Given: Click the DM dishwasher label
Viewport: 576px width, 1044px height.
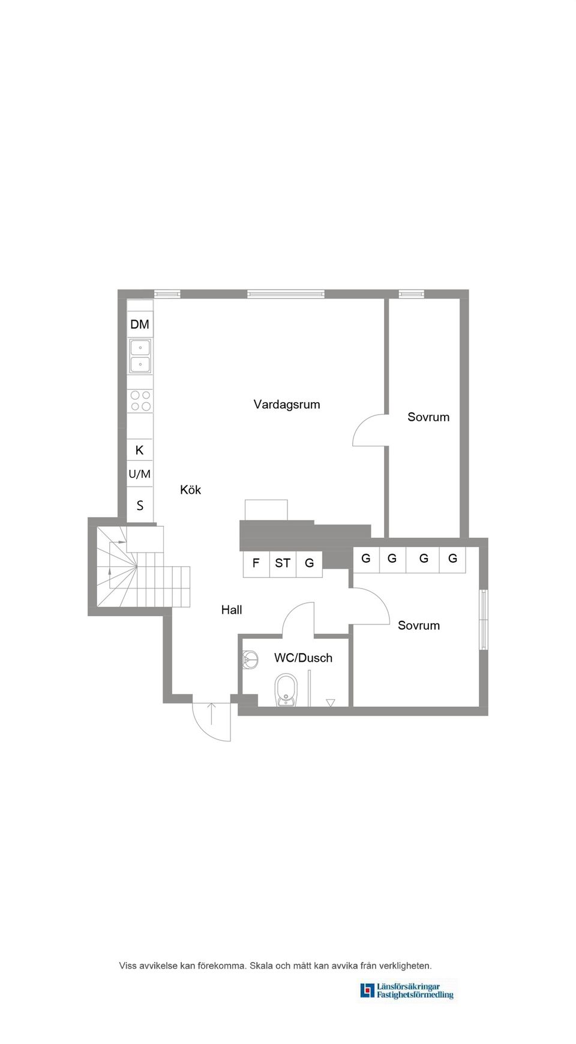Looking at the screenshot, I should [140, 324].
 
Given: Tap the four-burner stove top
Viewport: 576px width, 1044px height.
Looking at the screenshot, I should [140, 401].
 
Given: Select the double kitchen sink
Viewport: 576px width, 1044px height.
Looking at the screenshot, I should [140, 355].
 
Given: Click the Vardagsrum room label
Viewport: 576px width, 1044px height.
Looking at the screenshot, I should [287, 405].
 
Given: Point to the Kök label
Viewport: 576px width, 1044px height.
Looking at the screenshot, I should [190, 490].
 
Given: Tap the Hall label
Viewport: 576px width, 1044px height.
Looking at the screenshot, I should [232, 609].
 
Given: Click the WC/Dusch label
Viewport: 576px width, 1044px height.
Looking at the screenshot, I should [303, 657].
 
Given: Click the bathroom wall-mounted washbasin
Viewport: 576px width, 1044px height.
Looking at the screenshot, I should [250, 660].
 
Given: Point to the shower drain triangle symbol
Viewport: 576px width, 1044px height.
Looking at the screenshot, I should [331, 702].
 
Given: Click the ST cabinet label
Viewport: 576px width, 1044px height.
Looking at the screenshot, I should [283, 563].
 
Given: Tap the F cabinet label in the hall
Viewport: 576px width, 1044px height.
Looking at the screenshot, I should [256, 563].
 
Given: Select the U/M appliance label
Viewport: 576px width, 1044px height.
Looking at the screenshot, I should [140, 474].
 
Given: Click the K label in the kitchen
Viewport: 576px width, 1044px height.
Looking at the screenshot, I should [140, 450].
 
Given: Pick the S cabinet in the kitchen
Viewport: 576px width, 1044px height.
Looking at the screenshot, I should [140, 505].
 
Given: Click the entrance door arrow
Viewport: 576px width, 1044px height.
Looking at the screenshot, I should [212, 713].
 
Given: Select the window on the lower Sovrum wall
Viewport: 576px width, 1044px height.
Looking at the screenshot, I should [483, 620].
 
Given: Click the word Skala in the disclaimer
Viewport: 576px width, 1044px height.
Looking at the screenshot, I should [261, 965].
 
